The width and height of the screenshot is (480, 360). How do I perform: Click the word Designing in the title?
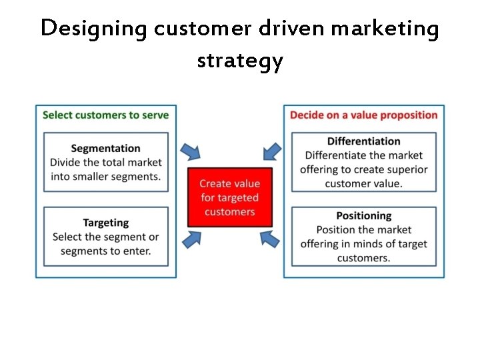(x=93, y=29)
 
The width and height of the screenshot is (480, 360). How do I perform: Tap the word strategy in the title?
(x=240, y=61)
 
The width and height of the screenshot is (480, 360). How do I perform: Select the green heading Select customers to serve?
(x=105, y=115)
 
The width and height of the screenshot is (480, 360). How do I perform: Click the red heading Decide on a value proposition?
(x=363, y=115)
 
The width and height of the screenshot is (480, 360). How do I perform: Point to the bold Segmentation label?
(x=105, y=148)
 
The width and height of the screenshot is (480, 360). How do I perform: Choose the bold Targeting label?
(x=105, y=223)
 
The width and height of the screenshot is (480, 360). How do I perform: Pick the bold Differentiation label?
(x=363, y=141)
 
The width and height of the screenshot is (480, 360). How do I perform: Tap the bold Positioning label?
(x=363, y=216)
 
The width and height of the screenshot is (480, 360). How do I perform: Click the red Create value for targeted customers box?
(x=229, y=197)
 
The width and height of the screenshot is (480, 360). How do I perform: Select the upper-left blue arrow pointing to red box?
(x=192, y=151)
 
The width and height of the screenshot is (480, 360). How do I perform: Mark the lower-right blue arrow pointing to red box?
(x=269, y=238)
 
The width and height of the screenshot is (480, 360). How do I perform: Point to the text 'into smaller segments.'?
(x=105, y=177)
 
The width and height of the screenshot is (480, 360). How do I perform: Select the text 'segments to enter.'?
(x=105, y=251)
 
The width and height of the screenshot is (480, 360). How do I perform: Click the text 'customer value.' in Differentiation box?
(x=363, y=183)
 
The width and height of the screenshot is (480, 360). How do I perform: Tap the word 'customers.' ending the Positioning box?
(x=363, y=258)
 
